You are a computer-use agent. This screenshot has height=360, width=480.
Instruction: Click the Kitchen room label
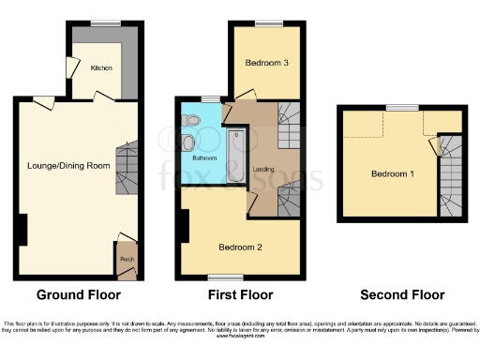(x=100, y=68)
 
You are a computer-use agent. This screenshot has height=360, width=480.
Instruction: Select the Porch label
(x=125, y=259)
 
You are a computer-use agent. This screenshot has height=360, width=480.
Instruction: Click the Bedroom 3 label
(x=266, y=63)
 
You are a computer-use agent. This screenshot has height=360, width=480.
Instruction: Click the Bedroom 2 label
(x=240, y=247)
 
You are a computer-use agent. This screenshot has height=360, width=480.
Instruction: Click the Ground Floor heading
(x=77, y=294)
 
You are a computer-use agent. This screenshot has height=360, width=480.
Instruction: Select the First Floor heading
(x=239, y=294)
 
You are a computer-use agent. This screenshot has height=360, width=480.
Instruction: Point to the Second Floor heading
(x=402, y=294)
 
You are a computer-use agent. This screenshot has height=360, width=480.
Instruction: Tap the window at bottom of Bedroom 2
(x=222, y=277)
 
